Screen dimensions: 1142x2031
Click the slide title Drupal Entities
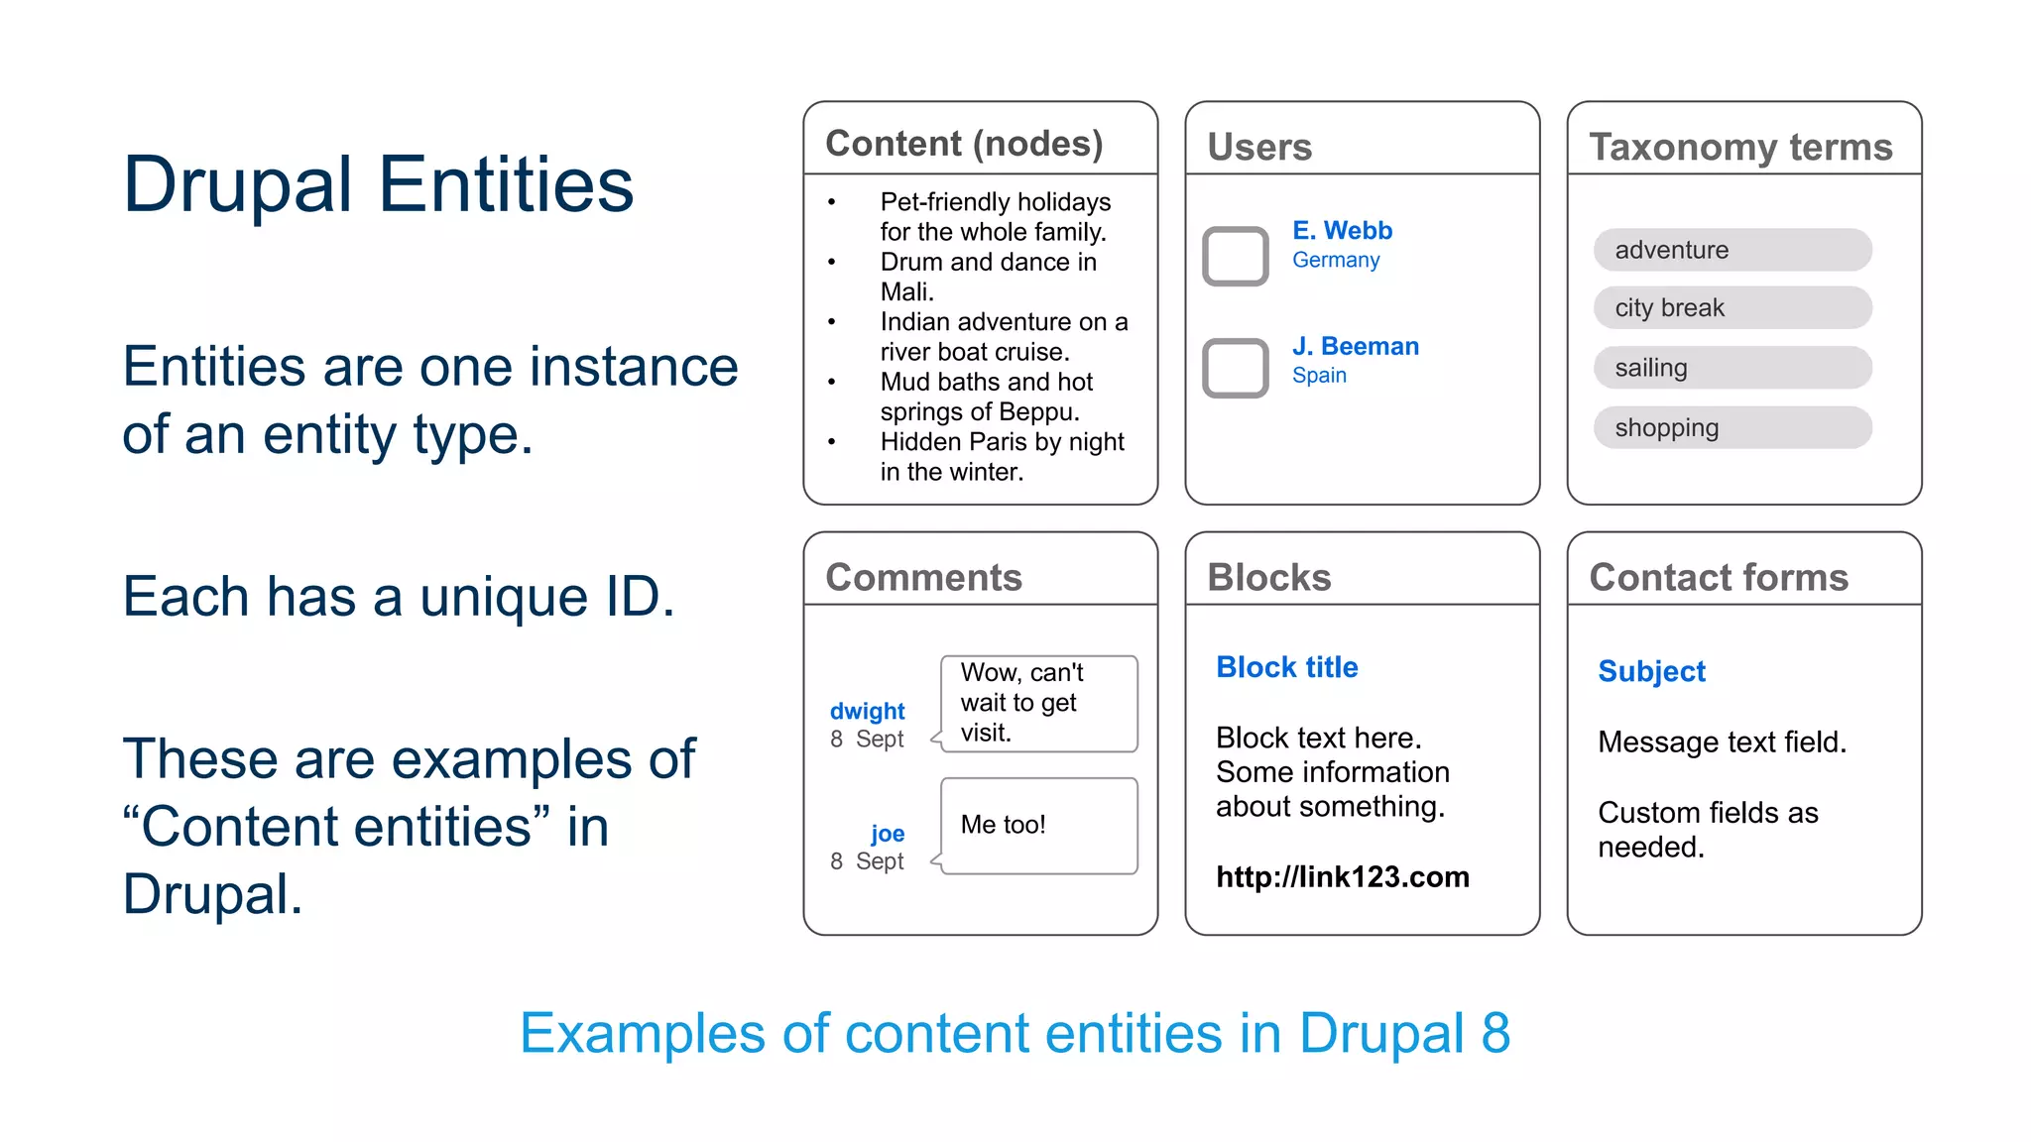pyautogui.click(x=378, y=185)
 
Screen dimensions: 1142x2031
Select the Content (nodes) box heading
pyautogui.click(x=964, y=144)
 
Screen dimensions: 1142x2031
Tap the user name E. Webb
pyautogui.click(x=1342, y=231)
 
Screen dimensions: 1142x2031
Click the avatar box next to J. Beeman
pyautogui.click(x=1235, y=368)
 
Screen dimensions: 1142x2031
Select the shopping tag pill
pyautogui.click(x=1732, y=428)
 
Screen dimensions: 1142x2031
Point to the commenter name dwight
pyautogui.click(x=867, y=711)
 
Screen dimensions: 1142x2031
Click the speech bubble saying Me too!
pyautogui.click(x=1038, y=826)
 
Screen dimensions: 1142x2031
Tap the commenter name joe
pyautogui.click(x=887, y=834)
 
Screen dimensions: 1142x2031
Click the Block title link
pyautogui.click(x=1286, y=667)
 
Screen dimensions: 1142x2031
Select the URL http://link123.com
pyautogui.click(x=1342, y=877)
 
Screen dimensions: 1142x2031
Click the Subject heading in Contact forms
pyautogui.click(x=1651, y=671)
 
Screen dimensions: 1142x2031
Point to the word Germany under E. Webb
pyautogui.click(x=1335, y=260)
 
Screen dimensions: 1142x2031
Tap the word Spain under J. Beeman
pyautogui.click(x=1319, y=376)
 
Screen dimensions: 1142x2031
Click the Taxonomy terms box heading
pyautogui.click(x=1740, y=147)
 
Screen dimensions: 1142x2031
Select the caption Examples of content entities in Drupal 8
pyautogui.click(x=1015, y=1033)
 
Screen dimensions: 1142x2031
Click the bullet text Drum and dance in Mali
pyautogui.click(x=988, y=277)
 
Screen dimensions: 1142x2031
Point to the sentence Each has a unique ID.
pyautogui.click(x=399, y=597)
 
